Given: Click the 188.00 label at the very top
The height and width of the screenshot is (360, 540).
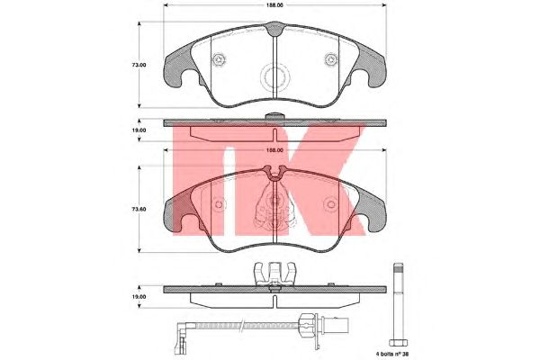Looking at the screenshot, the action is coord(274,5).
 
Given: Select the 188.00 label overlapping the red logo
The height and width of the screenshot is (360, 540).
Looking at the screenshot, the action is coord(274,150).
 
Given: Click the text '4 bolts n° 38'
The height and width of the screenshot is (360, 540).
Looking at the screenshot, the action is coord(393,354).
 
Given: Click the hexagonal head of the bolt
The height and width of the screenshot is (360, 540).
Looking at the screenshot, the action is coord(399,342).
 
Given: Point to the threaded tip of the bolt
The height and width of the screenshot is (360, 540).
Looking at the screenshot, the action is coord(399,267).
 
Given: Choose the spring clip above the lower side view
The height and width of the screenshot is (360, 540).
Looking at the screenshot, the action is coord(274,274).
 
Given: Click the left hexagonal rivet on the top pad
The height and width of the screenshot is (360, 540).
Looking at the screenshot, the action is coord(219,60).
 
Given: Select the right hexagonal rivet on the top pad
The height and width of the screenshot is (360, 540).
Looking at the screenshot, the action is coord(331,59).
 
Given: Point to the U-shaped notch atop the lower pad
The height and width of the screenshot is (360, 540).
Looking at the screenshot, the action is coord(274,174).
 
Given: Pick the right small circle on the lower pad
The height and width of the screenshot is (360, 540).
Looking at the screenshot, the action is coord(331,204).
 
